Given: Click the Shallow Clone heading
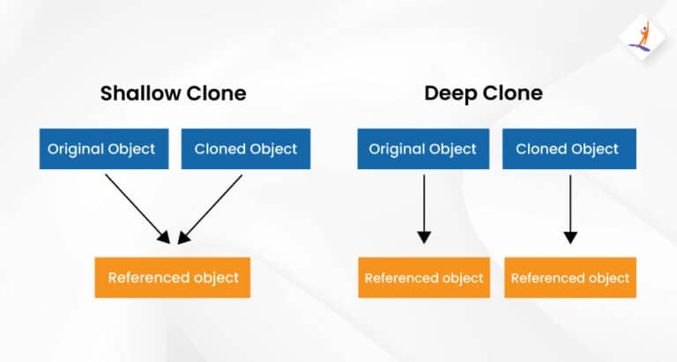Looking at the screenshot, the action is (x=173, y=93).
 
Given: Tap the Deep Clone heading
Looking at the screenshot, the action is (x=483, y=93).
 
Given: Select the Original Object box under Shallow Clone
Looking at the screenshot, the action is (x=104, y=149).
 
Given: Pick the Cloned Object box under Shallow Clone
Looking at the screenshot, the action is (x=246, y=149).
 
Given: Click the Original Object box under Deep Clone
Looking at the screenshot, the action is (x=423, y=149).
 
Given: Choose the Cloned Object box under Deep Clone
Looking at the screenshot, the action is (x=569, y=149).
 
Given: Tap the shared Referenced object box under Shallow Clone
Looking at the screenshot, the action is (x=173, y=277).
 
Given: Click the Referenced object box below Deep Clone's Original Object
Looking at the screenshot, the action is (x=424, y=277).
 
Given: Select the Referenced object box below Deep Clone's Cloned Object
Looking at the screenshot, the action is (x=570, y=277).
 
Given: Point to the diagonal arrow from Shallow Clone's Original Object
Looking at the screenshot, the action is (x=138, y=209).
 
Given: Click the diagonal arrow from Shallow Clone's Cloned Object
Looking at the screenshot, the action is (x=210, y=210).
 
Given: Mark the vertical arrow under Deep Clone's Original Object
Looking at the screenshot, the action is (x=424, y=210).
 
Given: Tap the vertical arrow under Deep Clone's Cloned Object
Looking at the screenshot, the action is (x=570, y=210).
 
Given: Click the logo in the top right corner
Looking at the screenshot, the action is (x=642, y=37).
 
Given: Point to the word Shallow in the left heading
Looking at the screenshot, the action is (x=141, y=93).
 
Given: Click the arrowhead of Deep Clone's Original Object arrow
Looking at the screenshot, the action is (x=424, y=237).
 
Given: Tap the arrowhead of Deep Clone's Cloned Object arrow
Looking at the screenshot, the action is (x=570, y=237).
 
